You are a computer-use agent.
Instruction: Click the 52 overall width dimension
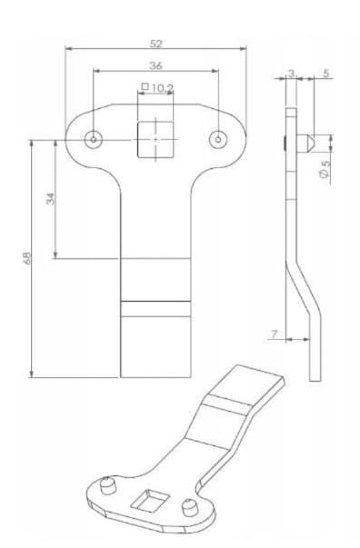click(155, 44)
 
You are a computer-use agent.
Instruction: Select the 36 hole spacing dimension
click(155, 65)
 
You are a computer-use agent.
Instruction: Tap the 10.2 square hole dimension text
click(163, 88)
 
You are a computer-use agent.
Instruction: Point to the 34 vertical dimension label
click(51, 199)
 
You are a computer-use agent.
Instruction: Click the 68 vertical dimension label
click(27, 258)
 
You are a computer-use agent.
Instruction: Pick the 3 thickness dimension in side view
click(291, 73)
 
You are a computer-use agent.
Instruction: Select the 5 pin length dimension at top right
click(325, 74)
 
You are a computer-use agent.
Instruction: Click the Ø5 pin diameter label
click(325, 169)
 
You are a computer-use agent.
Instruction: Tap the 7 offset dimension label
click(275, 334)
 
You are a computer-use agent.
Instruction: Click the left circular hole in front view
click(94, 140)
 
